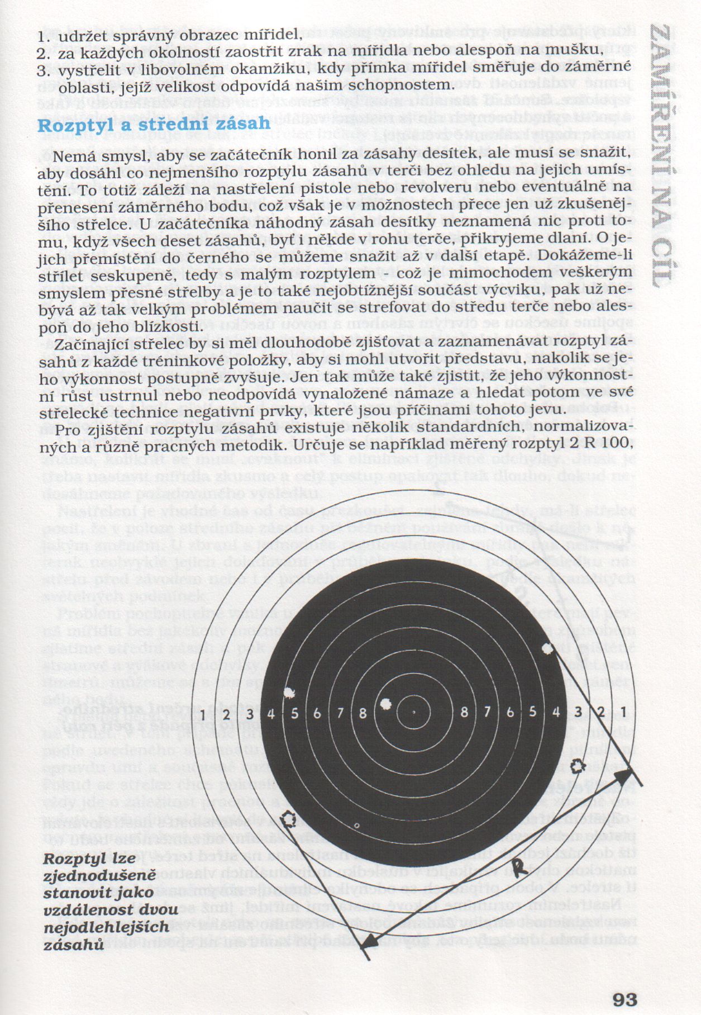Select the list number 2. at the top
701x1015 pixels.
[44, 54]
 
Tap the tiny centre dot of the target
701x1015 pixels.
[413, 712]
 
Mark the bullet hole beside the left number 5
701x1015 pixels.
[289, 694]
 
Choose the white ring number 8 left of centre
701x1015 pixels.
[363, 713]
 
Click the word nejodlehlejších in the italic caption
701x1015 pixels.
[106, 927]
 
